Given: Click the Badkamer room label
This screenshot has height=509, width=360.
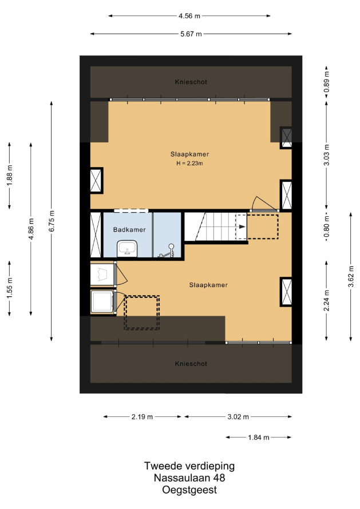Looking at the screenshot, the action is tap(129, 230).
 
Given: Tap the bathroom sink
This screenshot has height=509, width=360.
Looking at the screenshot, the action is tap(127, 249).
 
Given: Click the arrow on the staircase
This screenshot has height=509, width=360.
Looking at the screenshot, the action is tap(242, 226).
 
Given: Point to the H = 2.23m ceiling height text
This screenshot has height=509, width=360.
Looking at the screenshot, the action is tap(190, 164).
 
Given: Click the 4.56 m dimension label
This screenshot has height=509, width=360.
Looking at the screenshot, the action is tap(189, 16).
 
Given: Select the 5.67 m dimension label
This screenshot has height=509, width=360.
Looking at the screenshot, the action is tap(191, 34).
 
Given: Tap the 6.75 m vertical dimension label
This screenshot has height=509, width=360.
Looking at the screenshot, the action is tap(52, 221).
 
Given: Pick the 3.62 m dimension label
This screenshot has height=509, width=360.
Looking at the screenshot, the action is tap(351, 276).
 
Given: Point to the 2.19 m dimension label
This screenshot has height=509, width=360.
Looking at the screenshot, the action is tap(142, 417).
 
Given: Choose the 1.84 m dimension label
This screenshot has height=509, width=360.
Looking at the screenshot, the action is tap(259, 438).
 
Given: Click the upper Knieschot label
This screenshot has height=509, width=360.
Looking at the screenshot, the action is tap(191, 82).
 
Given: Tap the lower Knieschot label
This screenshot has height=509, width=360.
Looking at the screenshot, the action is tap(191, 364).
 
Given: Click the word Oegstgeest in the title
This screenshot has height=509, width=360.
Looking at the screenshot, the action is tap(189, 490).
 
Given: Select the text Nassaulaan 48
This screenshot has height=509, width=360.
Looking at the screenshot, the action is tap(189, 478).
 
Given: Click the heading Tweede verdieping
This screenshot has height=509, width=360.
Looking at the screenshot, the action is tap(189, 466).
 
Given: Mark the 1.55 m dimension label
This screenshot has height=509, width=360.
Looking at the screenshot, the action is tap(9, 288).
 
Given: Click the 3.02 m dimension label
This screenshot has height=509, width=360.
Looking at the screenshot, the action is tap(238, 417).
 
